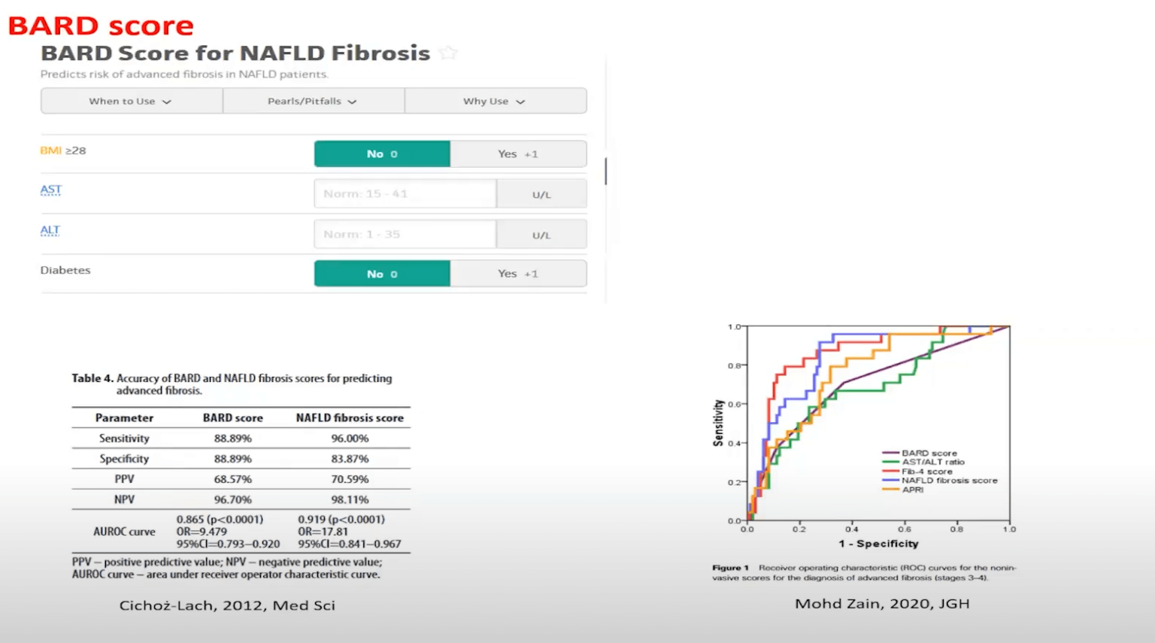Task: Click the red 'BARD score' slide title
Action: tap(101, 26)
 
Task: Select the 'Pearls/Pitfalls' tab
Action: tap(313, 101)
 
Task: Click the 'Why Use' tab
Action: tap(495, 101)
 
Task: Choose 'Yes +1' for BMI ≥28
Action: tap(518, 153)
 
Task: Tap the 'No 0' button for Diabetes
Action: tap(382, 274)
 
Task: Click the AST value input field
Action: tap(405, 194)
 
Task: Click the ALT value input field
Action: tap(405, 235)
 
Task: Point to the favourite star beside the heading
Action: tap(448, 53)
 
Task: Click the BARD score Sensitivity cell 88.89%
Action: tap(233, 438)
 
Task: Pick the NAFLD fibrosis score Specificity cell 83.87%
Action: tap(350, 459)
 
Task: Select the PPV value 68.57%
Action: tap(233, 479)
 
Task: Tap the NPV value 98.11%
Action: tap(350, 499)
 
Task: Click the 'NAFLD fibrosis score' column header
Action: tap(350, 417)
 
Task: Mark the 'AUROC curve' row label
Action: tap(124, 532)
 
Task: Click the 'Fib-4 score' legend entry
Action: tap(926, 472)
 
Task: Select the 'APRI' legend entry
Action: tap(912, 490)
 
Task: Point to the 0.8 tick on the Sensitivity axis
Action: tap(735, 365)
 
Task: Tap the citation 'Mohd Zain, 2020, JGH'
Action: tap(882, 603)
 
